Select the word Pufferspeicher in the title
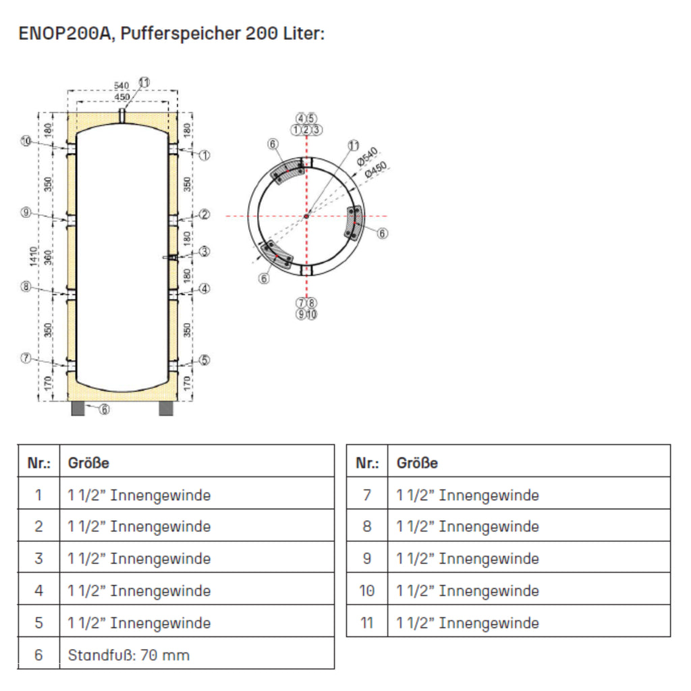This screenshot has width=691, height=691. click(x=178, y=33)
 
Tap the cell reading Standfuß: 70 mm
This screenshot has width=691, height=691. click(x=128, y=655)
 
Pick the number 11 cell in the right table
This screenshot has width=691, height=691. click(x=366, y=622)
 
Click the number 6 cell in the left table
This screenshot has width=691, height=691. click(x=38, y=655)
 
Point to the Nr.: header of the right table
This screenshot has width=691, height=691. click(x=366, y=463)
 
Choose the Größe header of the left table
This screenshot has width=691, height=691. click(x=88, y=463)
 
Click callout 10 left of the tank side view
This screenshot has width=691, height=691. click(x=26, y=141)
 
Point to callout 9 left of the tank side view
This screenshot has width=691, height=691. click(x=26, y=213)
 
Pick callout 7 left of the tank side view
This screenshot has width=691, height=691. click(x=26, y=358)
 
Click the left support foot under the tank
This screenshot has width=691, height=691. click(x=78, y=409)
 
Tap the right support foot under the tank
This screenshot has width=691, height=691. click(x=165, y=409)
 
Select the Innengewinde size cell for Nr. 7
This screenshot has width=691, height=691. click(x=468, y=495)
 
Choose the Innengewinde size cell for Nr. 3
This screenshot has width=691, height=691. click(x=139, y=559)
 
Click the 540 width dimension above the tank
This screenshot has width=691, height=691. click(x=121, y=86)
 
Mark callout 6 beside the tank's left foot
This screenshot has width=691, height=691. click(x=105, y=410)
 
